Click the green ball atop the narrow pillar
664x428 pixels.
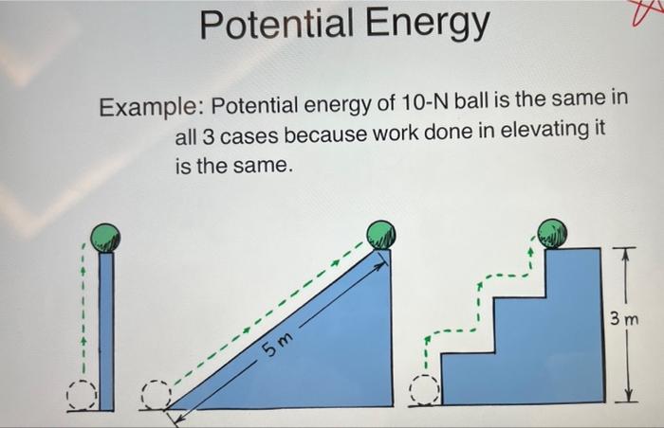[x=105, y=237]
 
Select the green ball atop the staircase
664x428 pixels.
[x=550, y=232]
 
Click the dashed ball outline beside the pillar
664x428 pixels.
[x=83, y=394]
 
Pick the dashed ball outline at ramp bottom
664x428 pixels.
[x=156, y=394]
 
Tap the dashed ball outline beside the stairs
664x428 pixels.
[x=424, y=390]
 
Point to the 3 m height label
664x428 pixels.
[x=625, y=319]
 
